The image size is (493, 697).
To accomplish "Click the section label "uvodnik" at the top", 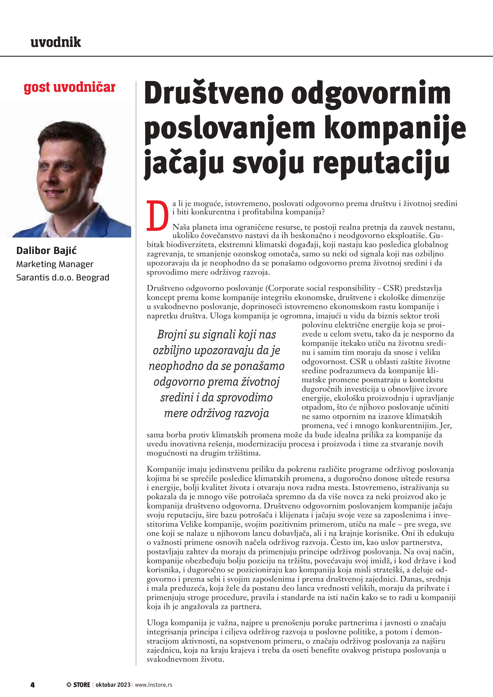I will coord(56,42).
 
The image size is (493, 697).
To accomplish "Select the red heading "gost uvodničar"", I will coord(69,88).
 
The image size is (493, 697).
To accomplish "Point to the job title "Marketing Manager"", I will coord(55,264).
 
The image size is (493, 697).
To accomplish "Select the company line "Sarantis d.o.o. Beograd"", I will coord(62,278).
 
